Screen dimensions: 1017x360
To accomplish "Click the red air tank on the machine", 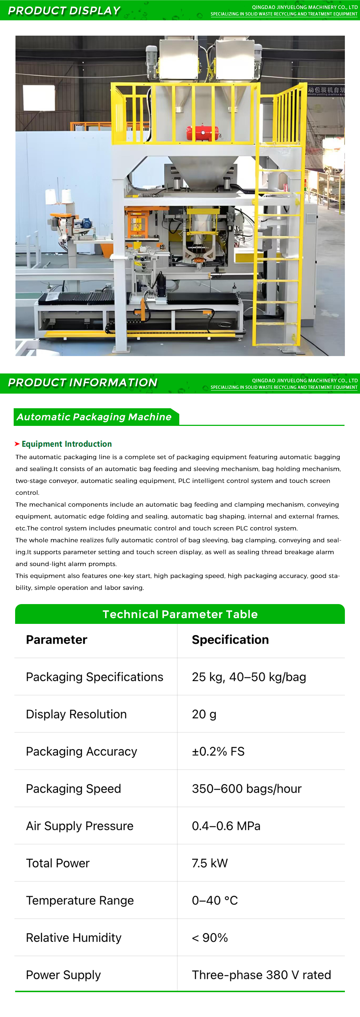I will [x=202, y=132].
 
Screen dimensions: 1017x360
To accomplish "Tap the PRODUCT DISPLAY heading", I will [x=64, y=11].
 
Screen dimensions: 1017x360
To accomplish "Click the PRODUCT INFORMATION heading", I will [x=82, y=383].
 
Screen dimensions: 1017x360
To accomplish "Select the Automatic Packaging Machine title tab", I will [x=94, y=417].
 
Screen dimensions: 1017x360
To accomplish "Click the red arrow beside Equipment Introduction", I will [x=17, y=444].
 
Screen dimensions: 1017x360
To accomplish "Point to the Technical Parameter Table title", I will [x=180, y=614].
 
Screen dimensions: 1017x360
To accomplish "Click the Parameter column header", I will [x=57, y=640].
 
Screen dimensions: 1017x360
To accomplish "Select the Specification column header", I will [x=230, y=640].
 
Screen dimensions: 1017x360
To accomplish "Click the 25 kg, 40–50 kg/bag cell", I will [x=249, y=677].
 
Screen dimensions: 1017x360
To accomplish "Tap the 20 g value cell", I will [x=204, y=714].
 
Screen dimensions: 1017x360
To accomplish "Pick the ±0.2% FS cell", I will [x=218, y=751].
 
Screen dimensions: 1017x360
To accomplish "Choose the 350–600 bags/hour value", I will [x=246, y=789].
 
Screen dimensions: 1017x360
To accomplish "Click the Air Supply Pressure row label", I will [x=80, y=826].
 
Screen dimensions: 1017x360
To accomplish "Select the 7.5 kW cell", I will [x=210, y=863].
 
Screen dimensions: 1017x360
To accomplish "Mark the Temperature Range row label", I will [x=80, y=900].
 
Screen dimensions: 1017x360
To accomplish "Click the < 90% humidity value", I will [x=210, y=938].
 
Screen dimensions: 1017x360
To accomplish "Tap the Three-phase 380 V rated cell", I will [x=261, y=975].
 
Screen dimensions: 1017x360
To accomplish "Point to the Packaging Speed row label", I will [x=73, y=789].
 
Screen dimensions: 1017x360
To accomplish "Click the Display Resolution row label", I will [x=76, y=714].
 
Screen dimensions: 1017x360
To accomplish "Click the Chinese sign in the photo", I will [x=326, y=91].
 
